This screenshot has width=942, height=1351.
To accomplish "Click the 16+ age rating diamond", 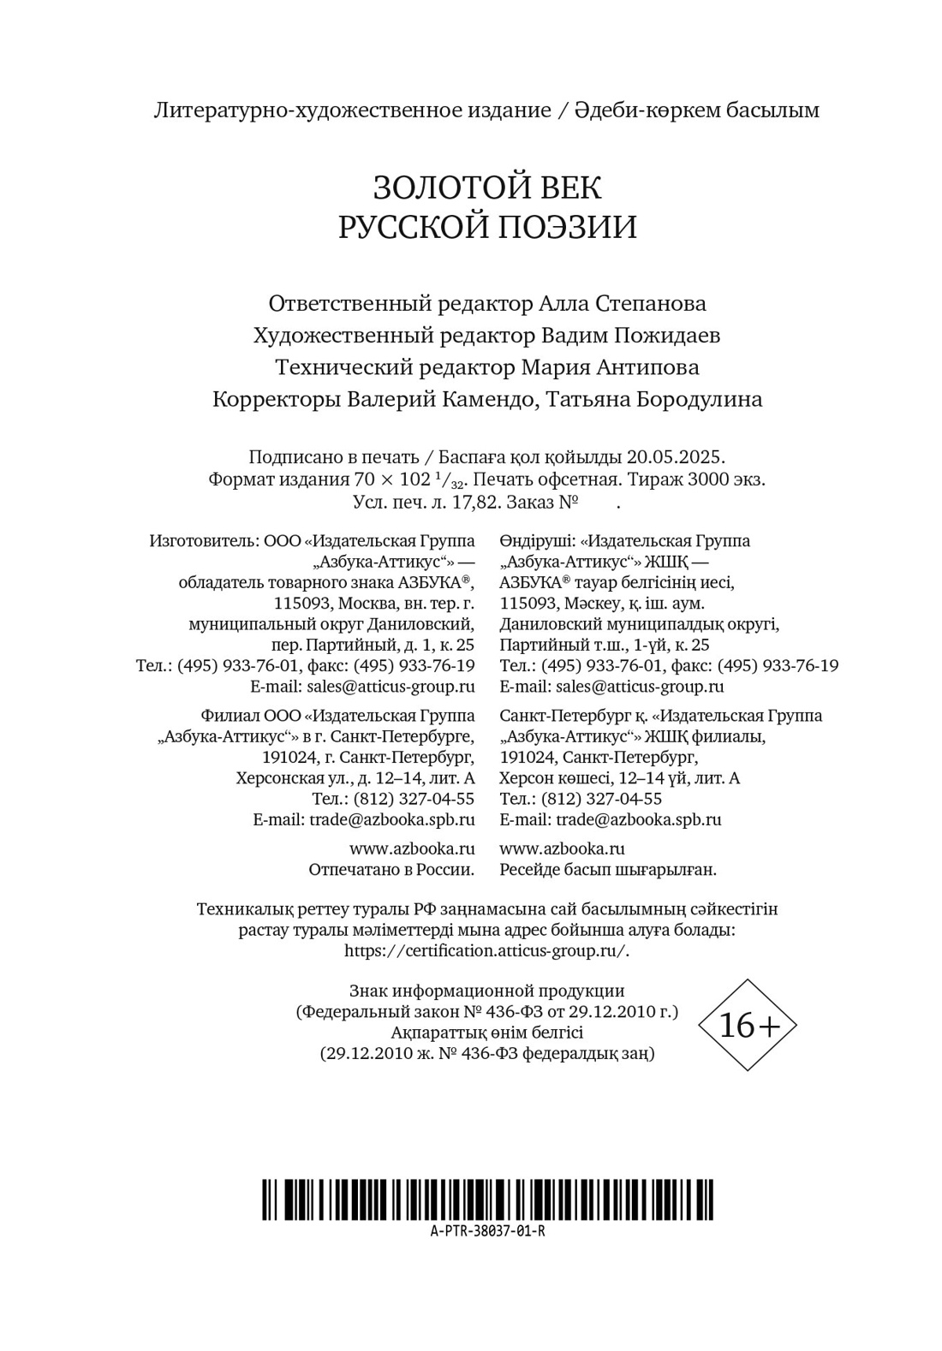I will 748,1025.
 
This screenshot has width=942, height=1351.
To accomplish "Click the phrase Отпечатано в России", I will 391,870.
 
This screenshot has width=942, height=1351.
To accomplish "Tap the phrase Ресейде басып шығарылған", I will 607,870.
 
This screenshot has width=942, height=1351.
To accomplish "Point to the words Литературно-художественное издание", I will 352,110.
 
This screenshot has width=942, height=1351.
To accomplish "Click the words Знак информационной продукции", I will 486,991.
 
